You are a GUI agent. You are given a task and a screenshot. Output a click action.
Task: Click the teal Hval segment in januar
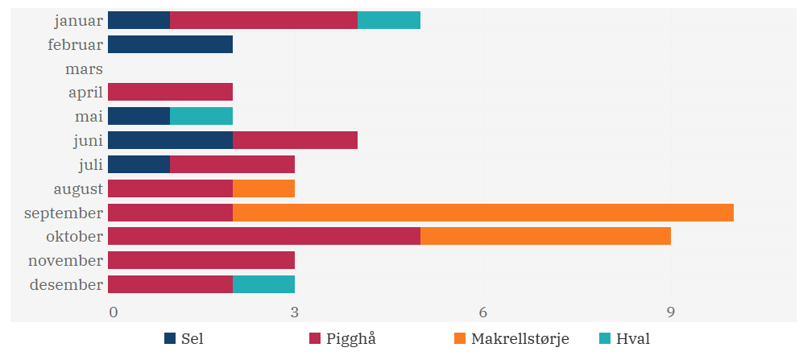tap(388, 20)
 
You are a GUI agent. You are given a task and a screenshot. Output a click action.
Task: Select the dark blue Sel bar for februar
tap(170, 44)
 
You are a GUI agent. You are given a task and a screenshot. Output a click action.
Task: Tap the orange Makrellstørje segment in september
tap(482, 213)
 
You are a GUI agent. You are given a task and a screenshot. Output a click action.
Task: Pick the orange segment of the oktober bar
tap(545, 237)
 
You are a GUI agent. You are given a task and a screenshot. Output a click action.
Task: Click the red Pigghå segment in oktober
tap(263, 237)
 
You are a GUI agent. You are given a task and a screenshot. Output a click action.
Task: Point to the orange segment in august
tap(263, 189)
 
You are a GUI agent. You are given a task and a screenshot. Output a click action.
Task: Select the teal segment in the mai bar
tap(201, 117)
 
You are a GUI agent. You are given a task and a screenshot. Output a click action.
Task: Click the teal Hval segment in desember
tap(263, 284)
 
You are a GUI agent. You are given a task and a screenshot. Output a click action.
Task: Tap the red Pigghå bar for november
tap(201, 261)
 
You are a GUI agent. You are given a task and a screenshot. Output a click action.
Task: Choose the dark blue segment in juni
tap(170, 141)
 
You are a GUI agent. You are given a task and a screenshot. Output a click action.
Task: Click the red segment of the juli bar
tap(232, 165)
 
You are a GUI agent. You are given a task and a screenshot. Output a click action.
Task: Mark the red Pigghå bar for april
tap(170, 93)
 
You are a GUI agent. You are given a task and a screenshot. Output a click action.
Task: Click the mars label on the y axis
tap(84, 69)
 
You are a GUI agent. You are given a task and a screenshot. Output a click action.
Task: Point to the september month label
tap(64, 213)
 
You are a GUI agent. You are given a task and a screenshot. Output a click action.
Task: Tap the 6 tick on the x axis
tap(482, 312)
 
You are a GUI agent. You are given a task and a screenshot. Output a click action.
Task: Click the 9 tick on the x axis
tap(670, 312)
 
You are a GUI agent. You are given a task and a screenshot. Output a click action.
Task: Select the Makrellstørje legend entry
tap(519, 339)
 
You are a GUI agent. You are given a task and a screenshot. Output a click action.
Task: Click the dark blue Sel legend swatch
tap(170, 339)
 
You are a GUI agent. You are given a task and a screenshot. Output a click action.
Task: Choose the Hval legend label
tap(632, 339)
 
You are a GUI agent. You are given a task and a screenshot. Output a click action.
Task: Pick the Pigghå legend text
tap(351, 339)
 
